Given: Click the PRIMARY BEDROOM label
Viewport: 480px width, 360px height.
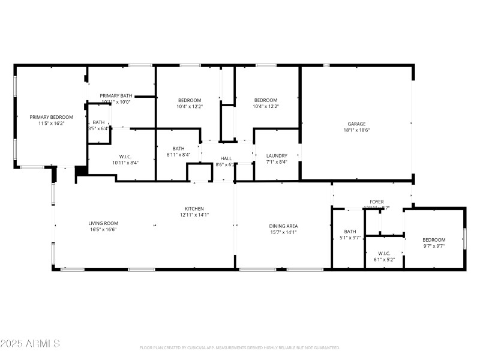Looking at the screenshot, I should [52, 117].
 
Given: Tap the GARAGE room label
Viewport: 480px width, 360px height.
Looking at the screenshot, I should [356, 124].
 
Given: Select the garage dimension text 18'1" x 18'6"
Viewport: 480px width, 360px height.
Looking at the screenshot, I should [356, 130].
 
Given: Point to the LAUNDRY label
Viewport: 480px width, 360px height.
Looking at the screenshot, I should [277, 155].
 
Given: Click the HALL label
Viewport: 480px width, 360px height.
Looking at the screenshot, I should [226, 158].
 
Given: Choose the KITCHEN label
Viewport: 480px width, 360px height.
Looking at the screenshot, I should [194, 209].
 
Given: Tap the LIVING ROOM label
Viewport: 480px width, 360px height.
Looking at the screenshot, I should [103, 223].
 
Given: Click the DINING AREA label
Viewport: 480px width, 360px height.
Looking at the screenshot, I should [284, 226].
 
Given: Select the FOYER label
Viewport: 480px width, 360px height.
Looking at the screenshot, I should [376, 202].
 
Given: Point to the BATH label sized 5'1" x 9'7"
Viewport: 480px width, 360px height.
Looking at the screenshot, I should [350, 232].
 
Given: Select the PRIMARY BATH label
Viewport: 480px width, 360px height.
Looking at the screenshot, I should [116, 96].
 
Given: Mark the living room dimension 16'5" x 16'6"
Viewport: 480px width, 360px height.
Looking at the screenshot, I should [103, 229].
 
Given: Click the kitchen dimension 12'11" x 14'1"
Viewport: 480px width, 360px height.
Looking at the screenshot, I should [194, 215].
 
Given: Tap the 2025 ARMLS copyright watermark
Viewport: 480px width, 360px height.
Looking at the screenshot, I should [30, 344].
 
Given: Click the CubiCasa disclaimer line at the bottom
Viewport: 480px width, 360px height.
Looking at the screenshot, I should [240, 347].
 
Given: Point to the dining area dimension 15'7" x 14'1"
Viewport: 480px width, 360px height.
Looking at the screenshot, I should [284, 232].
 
